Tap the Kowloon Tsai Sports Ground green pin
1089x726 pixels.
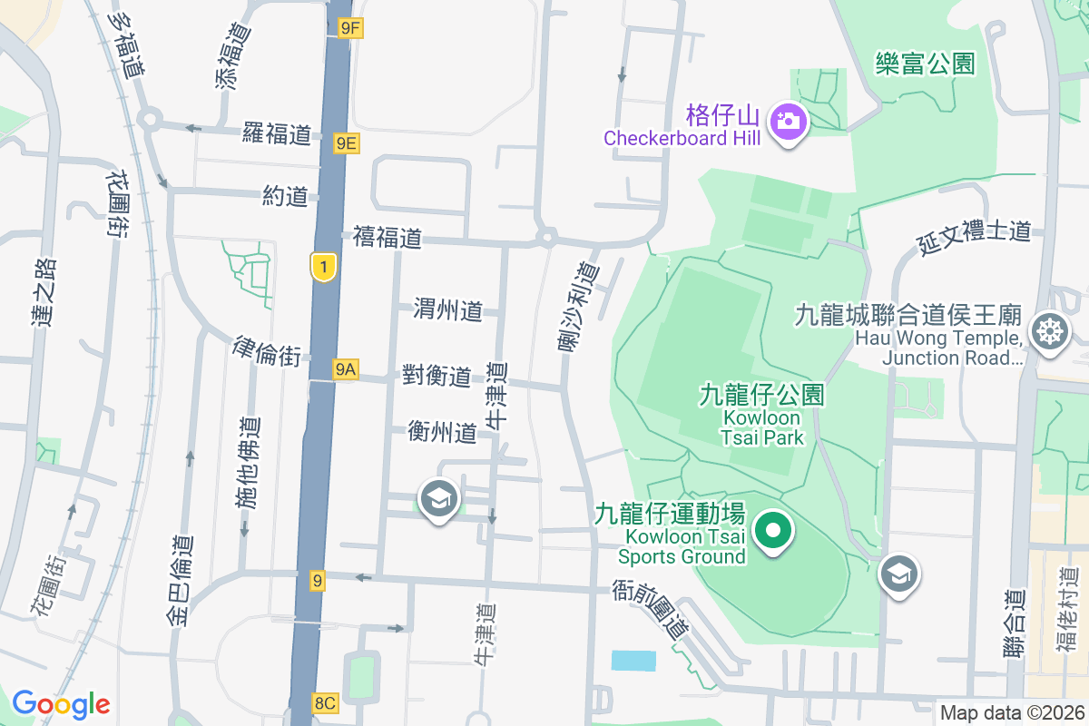tap(772, 530)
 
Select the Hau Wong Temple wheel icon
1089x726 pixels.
tap(1051, 330)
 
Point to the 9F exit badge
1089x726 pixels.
tap(349, 28)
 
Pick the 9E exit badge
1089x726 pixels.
tap(346, 142)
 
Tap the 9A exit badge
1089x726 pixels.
tap(345, 368)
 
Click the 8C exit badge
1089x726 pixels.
tap(324, 702)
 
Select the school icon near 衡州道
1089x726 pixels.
tap(439, 498)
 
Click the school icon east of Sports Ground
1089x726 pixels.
tap(899, 574)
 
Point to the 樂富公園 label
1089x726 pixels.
tap(925, 64)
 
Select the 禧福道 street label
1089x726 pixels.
tap(388, 239)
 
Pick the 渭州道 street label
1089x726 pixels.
tap(447, 310)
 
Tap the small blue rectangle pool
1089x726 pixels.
tap(633, 661)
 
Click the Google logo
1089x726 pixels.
tap(61, 703)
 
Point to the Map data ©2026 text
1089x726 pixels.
tap(1012, 712)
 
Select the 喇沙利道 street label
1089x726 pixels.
tap(577, 306)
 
